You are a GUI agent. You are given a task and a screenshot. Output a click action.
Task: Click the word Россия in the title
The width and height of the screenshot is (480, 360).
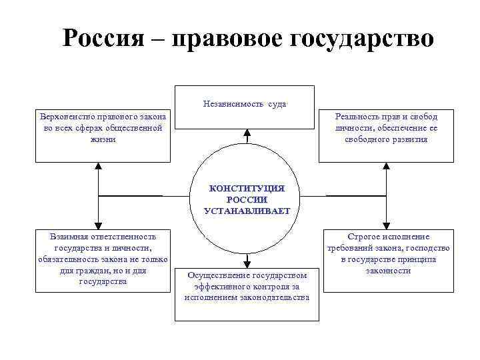101,38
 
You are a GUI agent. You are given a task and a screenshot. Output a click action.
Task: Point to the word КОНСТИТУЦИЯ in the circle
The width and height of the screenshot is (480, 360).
246,189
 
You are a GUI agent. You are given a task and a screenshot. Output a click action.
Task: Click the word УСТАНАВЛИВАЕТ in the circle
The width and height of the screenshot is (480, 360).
246,211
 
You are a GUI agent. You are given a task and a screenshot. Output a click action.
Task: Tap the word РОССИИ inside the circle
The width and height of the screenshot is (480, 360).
246,199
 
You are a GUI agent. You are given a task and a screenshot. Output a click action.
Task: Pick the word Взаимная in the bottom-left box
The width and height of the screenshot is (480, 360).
67,236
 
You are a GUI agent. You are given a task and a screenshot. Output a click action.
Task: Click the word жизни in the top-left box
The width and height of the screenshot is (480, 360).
102,139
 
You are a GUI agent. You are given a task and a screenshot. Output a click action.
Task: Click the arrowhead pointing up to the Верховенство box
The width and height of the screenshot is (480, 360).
98,167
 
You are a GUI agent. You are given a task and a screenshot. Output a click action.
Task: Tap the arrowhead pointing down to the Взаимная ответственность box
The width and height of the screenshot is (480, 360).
98,225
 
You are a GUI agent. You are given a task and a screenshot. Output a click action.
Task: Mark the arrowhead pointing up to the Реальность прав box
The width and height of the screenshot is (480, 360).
386,167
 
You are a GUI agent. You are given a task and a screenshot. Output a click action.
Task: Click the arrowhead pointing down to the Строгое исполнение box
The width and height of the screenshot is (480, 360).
386,225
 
